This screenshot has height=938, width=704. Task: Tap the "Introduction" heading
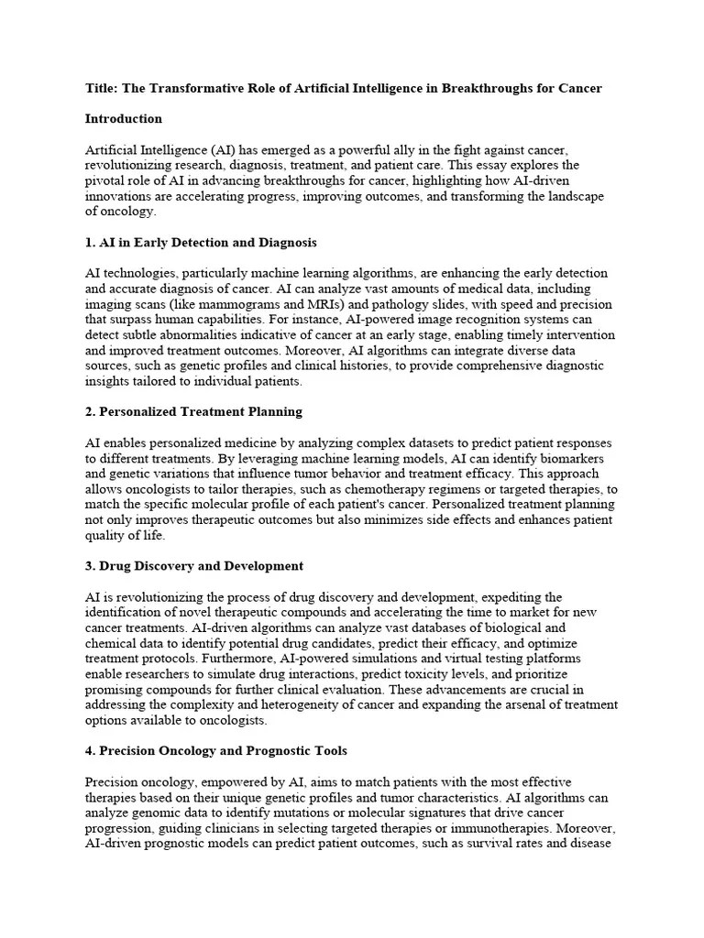(x=123, y=119)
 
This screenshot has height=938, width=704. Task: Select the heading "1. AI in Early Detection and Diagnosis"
(x=201, y=243)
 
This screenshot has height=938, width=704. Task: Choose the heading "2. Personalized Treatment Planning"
(x=193, y=412)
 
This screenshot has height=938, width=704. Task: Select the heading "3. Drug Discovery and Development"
(x=193, y=566)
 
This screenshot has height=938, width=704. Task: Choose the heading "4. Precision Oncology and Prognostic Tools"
(x=215, y=751)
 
